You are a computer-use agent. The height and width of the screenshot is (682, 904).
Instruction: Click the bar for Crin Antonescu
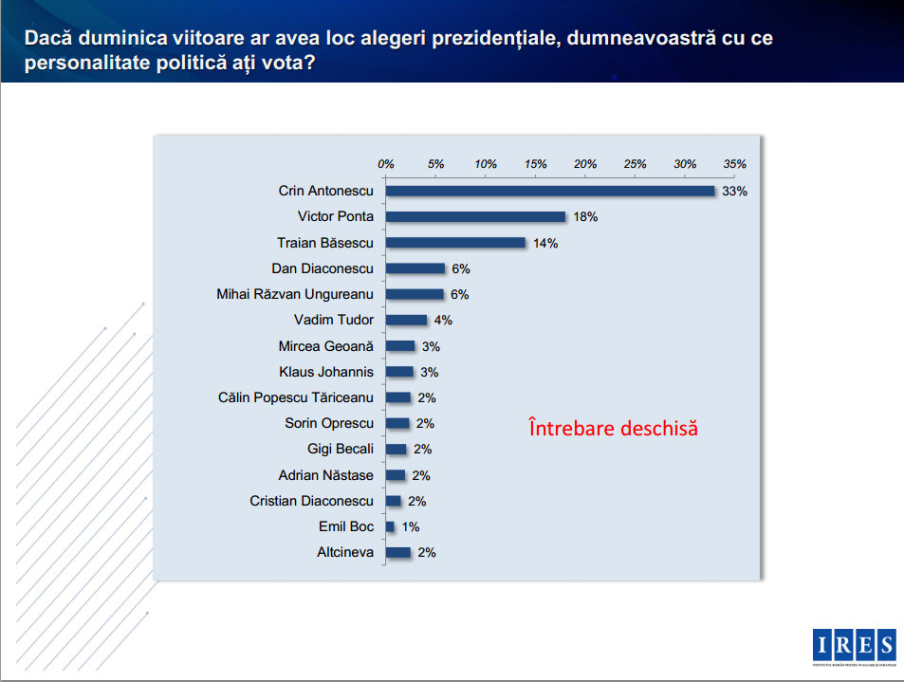pos(550,191)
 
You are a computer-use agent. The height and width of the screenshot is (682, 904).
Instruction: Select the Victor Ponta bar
pos(475,216)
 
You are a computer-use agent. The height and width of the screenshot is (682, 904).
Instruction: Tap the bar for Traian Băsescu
pos(455,243)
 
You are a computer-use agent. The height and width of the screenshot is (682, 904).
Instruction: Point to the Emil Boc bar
pos(391,526)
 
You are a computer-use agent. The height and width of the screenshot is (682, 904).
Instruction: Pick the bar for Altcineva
pos(398,552)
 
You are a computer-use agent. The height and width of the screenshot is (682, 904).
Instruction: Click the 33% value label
pos(735,191)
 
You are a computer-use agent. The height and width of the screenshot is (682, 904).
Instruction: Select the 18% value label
pos(585,216)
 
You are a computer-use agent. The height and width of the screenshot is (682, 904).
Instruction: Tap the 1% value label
pos(410,526)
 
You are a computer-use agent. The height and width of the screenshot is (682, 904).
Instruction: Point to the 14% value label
pos(545,243)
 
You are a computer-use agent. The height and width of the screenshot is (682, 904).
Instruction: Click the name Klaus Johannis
pos(326,372)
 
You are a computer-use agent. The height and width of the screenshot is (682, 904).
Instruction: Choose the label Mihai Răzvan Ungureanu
pos(295,294)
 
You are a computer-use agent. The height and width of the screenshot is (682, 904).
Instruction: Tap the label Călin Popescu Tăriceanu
pos(295,397)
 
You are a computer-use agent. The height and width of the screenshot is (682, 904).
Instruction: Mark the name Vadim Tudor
pos(334,320)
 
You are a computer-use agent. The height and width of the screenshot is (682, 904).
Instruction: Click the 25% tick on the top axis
pos(636,163)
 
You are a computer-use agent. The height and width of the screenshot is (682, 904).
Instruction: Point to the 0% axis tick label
pos(386,163)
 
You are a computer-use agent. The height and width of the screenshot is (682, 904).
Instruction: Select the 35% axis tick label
pos(735,163)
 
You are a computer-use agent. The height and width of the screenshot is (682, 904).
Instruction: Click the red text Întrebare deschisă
pos(613,428)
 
